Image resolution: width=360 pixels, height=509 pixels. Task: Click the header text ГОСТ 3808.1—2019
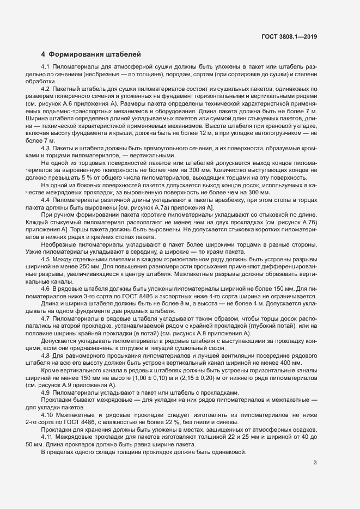point(290,37)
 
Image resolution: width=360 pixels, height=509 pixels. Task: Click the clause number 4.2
point(46,89)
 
